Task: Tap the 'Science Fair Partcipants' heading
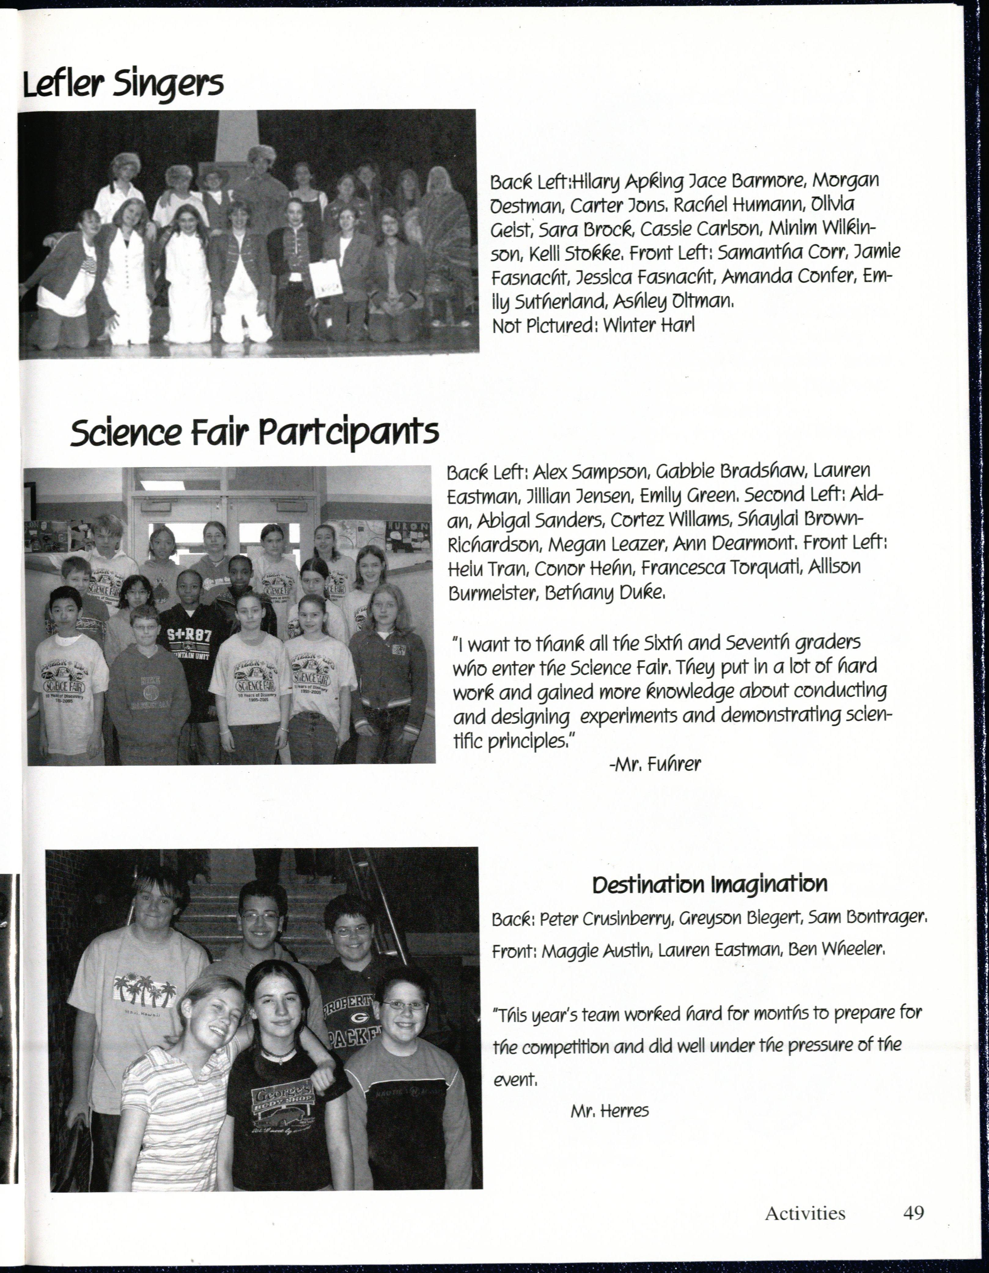(254, 433)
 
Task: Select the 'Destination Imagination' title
(709, 885)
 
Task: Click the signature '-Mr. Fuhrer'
(654, 764)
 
